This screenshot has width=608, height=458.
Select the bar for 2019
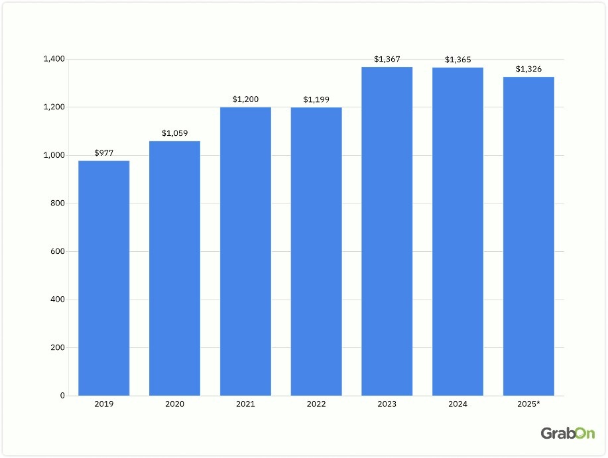point(103,278)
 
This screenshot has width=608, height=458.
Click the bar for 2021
point(245,252)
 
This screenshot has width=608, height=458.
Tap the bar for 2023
point(387,232)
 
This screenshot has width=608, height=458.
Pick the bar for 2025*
point(528,237)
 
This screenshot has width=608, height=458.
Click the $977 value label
point(103,152)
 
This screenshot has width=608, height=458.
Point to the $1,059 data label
point(174,133)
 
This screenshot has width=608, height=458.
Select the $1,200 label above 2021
point(245,99)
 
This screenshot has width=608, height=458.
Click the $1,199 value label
point(316,99)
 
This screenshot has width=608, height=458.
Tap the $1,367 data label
point(387,59)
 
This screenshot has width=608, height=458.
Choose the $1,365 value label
point(458,60)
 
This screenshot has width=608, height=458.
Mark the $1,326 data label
point(528,69)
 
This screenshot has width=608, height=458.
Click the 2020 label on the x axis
point(174,404)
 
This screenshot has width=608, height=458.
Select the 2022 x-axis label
point(316,404)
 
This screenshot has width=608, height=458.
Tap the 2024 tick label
point(458,404)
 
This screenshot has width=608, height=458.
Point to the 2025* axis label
point(529,404)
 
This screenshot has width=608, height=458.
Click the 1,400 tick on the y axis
point(54,60)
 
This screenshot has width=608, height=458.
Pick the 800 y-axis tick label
point(57,203)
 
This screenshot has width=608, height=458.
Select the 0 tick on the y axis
point(62,396)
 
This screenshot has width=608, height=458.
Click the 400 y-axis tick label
point(57,300)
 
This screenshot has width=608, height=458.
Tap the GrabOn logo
point(568,433)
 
